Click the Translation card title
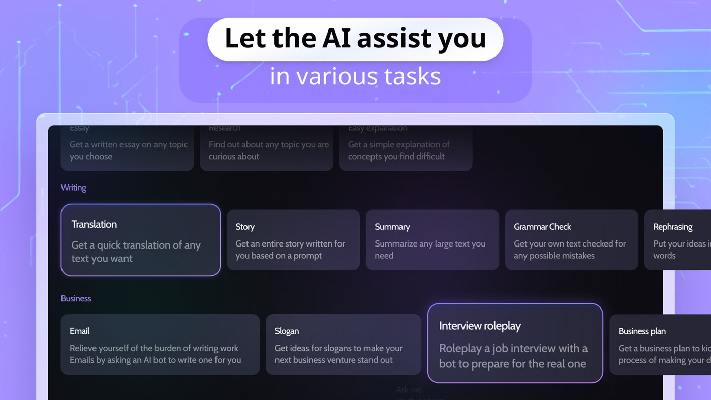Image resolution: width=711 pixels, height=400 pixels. [94, 224]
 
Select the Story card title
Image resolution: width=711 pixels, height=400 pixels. [245, 227]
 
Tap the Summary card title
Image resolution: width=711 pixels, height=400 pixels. [392, 227]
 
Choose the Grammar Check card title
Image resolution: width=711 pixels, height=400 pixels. [542, 227]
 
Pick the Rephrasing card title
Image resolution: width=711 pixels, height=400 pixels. [672, 227]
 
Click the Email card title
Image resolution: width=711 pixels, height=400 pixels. [79, 331]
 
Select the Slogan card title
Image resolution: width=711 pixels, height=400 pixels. [287, 331]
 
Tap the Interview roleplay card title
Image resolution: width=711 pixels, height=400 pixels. [480, 326]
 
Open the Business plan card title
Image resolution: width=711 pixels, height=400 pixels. [642, 331]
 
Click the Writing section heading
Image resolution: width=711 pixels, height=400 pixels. [73, 188]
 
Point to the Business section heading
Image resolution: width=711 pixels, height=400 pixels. [76, 298]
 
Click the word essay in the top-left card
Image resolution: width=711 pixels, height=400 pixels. [129, 145]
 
